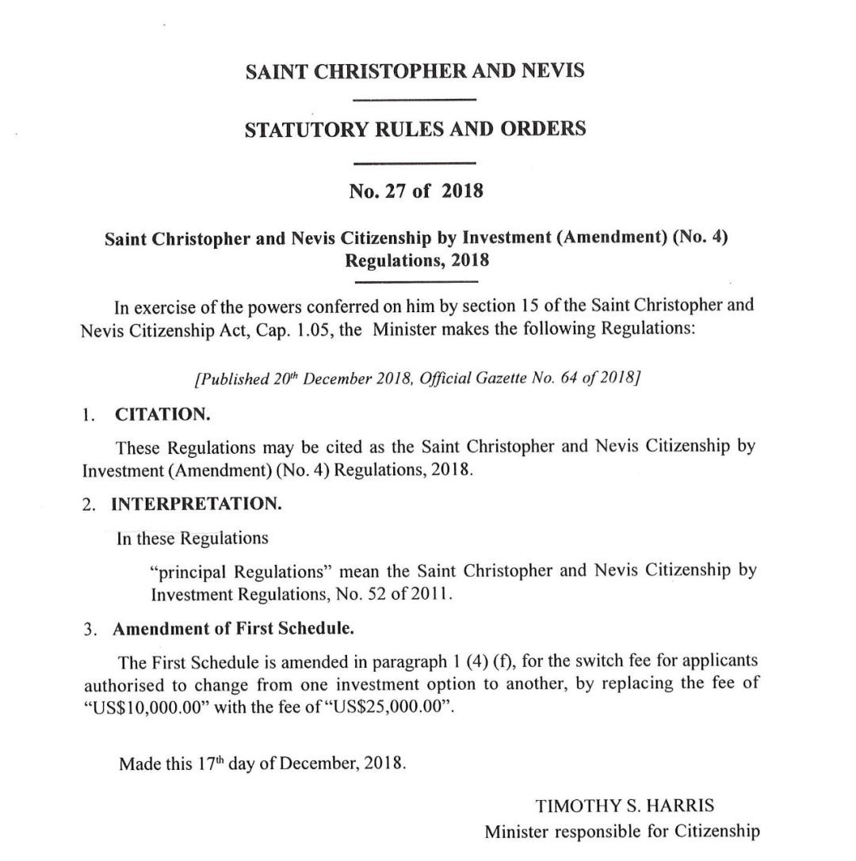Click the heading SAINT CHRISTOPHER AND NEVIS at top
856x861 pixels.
click(x=415, y=71)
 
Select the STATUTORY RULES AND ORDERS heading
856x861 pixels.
click(x=415, y=129)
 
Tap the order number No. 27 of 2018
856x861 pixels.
click(x=415, y=192)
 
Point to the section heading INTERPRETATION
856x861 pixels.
click(x=196, y=504)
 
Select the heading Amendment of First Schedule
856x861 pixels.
click(x=233, y=631)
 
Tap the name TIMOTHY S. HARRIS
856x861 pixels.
click(x=625, y=807)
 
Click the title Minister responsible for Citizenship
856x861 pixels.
click(x=622, y=832)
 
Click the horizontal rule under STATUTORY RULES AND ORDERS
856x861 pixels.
click(x=414, y=162)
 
